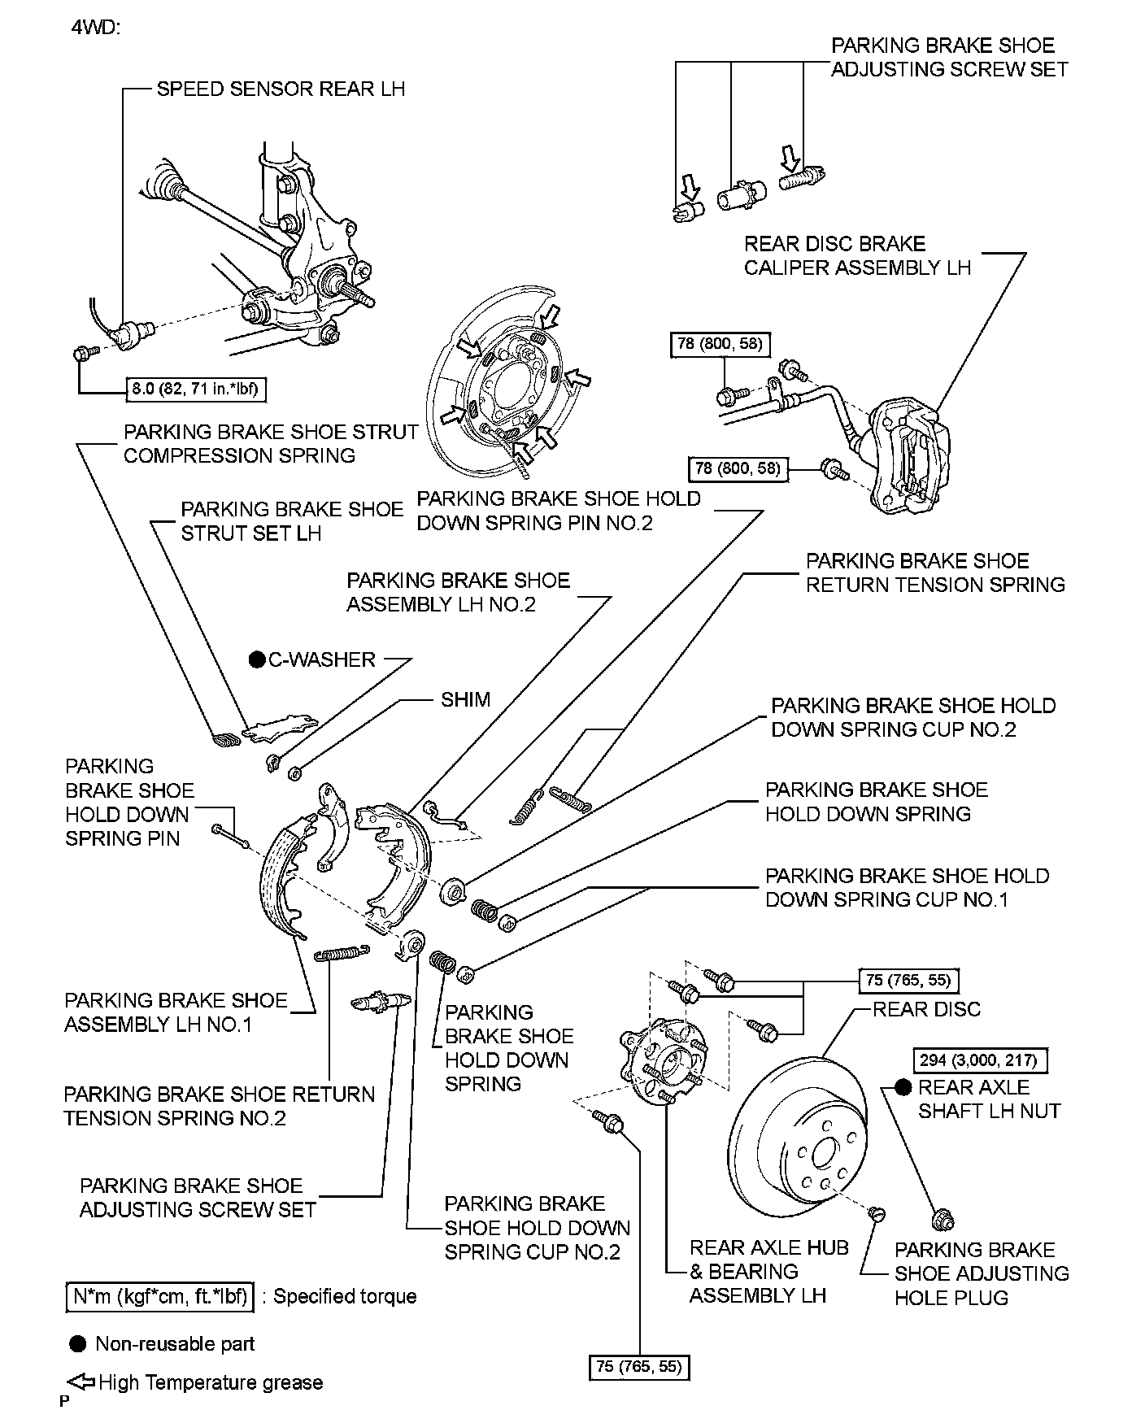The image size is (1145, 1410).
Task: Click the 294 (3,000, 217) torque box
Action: coord(979,1060)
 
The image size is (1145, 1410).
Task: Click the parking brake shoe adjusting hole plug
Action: coord(877,1214)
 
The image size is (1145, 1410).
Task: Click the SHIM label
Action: coord(465,699)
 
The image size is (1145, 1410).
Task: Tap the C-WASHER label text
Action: coord(322,659)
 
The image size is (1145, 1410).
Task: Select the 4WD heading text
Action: coord(96,28)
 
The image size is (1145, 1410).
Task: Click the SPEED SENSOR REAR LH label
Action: coord(281,89)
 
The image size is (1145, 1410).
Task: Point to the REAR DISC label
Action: coord(926,1009)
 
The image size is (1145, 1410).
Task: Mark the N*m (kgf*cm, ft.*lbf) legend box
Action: coord(159,1296)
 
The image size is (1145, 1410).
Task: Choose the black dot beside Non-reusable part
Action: coord(78,1343)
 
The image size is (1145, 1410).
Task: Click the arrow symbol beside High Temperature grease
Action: coord(81,1382)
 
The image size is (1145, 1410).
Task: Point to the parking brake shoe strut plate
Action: coord(279,726)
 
